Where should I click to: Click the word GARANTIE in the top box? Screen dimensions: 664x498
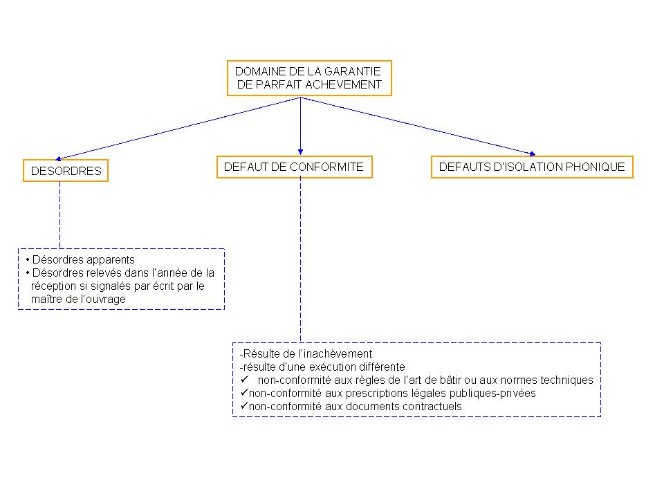click(352, 71)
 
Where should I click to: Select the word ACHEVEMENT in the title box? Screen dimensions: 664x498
click(344, 84)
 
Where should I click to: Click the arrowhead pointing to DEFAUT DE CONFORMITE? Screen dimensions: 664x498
click(300, 151)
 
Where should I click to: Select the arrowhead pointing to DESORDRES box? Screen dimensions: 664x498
click(58, 159)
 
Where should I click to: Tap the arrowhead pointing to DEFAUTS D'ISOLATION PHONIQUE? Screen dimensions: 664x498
click(533, 154)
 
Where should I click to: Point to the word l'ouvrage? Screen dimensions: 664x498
click(102, 299)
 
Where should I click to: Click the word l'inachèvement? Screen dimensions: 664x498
click(335, 353)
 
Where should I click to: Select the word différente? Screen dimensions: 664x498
click(384, 367)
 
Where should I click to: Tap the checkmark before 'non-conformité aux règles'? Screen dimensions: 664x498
click(244, 379)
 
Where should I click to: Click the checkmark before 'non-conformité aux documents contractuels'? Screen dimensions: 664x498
click(244, 405)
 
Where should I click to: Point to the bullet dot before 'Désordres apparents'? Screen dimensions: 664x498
click(28, 259)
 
